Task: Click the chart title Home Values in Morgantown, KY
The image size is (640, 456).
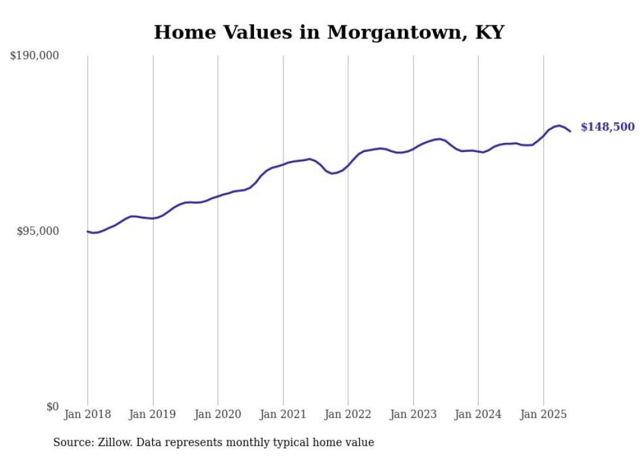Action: point(328,32)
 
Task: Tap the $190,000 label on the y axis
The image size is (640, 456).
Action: point(35,56)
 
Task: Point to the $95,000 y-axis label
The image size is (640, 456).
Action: point(38,232)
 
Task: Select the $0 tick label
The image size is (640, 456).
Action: point(52,406)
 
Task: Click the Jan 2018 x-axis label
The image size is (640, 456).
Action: point(88,414)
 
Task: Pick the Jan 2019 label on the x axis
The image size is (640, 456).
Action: point(153,414)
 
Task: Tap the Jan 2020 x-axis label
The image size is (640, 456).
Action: point(218,414)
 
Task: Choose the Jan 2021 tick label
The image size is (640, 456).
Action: point(283,414)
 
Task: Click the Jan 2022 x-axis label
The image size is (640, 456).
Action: point(348,414)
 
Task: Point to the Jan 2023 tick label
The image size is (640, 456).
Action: point(413,414)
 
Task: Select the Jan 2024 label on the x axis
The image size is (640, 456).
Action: point(478,414)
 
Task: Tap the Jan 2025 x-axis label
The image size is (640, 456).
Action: point(543,414)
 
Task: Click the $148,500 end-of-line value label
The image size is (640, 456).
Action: point(607,127)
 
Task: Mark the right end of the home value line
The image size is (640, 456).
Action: point(570,131)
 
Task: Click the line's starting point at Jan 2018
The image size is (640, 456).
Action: point(88,231)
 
